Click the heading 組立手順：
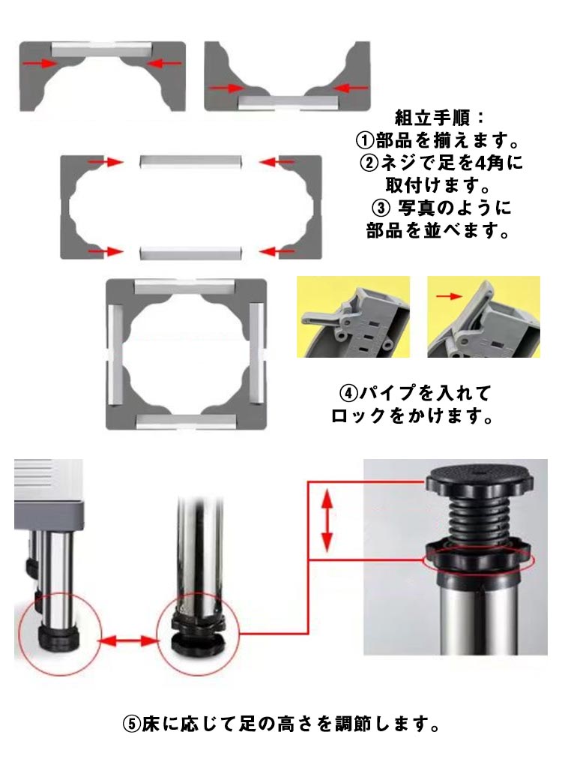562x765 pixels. pos(439,118)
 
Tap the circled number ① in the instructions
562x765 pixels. pos(365,142)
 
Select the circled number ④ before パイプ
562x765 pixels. pos(348,393)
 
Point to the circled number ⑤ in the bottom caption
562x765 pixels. pos(132,724)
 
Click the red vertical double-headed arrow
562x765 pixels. pos(327,520)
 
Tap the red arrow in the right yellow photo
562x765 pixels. pos(449,295)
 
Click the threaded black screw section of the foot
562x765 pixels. pos(477,518)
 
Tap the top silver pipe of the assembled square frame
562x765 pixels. pos(186,286)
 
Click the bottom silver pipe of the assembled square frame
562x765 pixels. pos(186,422)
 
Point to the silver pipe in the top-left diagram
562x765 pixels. pos(102,49)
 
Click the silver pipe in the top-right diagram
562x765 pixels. pos(287,103)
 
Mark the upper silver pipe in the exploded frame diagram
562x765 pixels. pos(190,161)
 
